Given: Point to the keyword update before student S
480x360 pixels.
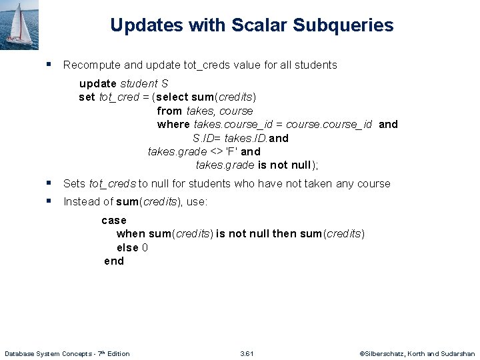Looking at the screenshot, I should (98, 83).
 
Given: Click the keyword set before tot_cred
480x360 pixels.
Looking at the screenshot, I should (87, 97).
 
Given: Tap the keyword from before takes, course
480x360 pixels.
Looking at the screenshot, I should (169, 111).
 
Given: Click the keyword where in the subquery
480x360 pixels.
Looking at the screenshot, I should (173, 124).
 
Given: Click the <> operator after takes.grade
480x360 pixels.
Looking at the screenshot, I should (216, 151).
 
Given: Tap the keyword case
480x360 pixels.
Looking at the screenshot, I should (114, 220).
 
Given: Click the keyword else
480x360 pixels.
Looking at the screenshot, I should (127, 247).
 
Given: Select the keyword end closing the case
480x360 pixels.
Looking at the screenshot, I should (114, 261).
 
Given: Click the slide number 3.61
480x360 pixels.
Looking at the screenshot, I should (247, 353).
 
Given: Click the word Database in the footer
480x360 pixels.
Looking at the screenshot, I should (21, 353).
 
